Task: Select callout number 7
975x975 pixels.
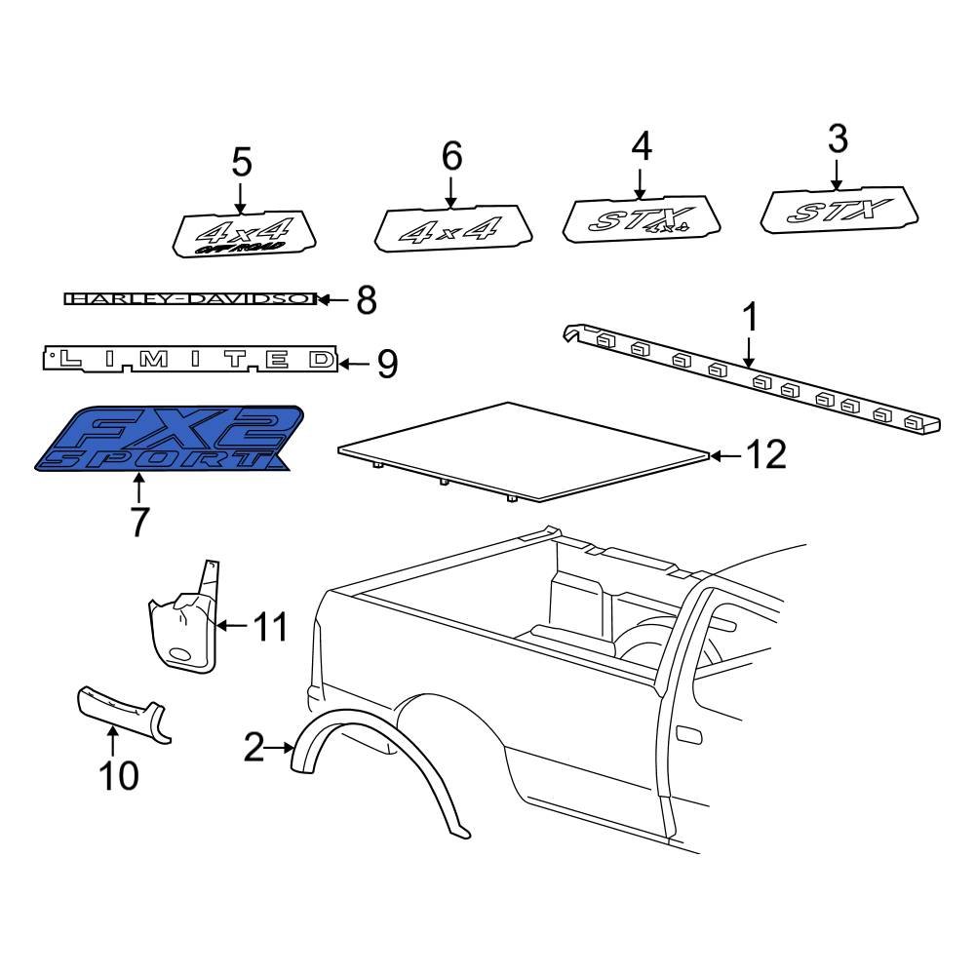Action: [x=138, y=523]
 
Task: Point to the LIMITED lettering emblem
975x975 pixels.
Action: [x=190, y=361]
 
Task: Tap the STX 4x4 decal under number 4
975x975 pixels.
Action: [x=642, y=220]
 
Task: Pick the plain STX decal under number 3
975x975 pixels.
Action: [x=838, y=212]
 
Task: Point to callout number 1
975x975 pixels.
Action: [x=750, y=318]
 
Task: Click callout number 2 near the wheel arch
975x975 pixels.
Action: [x=253, y=748]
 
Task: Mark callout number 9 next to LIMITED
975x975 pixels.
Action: [x=386, y=365]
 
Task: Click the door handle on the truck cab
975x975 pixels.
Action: [x=686, y=732]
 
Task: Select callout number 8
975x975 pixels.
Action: [x=366, y=300]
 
